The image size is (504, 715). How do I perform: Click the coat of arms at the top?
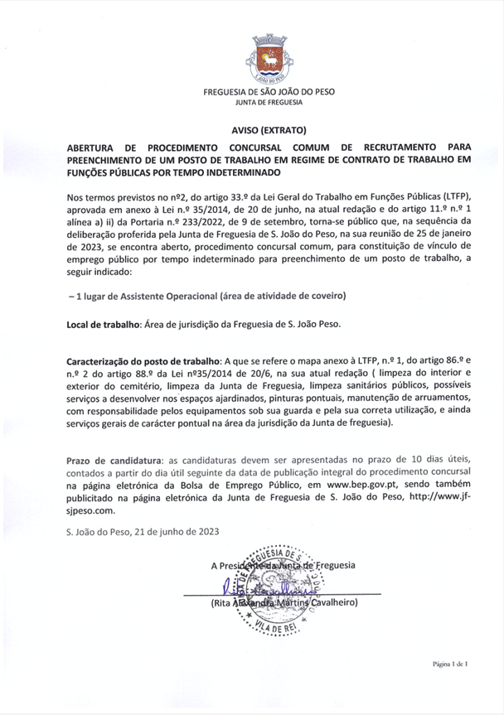coord(269,60)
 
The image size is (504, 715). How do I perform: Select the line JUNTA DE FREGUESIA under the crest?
coord(269,102)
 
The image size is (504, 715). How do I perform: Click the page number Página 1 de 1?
coord(450,664)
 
